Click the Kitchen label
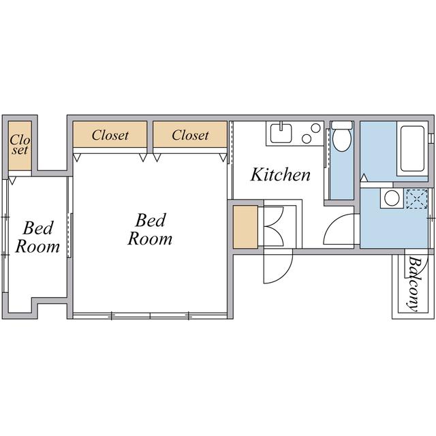coord(281,175)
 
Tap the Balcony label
coord(414,284)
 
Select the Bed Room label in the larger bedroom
coord(150,229)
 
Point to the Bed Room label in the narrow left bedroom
coord(37,237)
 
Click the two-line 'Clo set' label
coord(20,144)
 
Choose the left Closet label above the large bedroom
coord(110,135)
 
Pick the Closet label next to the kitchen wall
coord(190,135)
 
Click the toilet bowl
coord(342,140)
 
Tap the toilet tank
coord(342,125)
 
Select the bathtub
coord(412,149)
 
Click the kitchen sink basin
coord(281,133)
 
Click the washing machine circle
coord(392,198)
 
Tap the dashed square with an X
coord(416,198)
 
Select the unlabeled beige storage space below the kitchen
coord(245,227)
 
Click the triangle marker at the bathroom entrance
coord(364,178)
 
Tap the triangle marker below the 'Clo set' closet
coord(12,181)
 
